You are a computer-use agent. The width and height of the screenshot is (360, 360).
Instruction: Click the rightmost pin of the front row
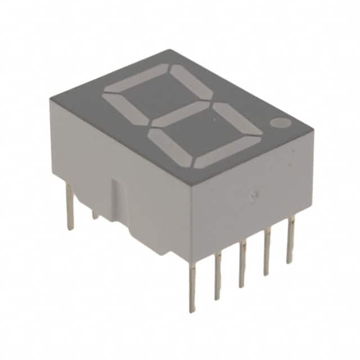pos(290,242)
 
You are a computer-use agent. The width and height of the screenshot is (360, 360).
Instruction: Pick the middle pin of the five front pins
pos(242,263)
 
